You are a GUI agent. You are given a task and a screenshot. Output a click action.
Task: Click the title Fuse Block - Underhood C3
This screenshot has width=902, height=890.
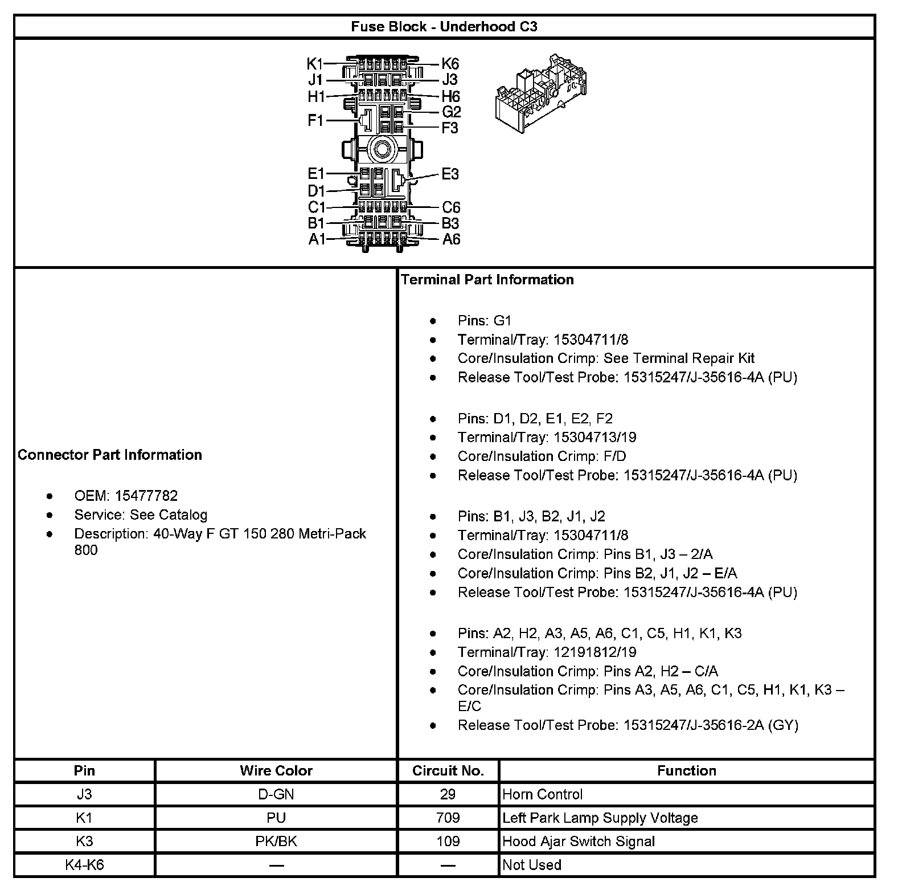click(x=444, y=27)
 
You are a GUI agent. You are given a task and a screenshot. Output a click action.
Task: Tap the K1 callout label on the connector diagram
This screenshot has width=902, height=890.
click(x=315, y=63)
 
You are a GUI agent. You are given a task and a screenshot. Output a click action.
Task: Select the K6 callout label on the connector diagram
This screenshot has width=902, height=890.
click(x=450, y=64)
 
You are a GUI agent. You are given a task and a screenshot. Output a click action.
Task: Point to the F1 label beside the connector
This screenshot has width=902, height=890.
click(x=315, y=120)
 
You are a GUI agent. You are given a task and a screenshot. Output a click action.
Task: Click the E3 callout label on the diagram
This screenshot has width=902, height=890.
click(x=450, y=174)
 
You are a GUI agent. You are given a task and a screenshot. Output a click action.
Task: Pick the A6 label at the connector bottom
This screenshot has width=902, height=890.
click(x=451, y=239)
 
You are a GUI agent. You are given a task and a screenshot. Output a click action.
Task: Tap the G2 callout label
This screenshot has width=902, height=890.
click(x=451, y=112)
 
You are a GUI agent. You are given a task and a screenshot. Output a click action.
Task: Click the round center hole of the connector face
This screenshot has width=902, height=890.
click(x=382, y=150)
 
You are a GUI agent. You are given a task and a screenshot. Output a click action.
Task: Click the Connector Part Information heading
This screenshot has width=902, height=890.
click(x=110, y=455)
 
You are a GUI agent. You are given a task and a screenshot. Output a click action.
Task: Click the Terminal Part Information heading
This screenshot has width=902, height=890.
click(x=487, y=279)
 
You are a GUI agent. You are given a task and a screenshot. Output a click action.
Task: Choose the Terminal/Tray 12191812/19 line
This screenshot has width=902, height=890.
click(x=547, y=652)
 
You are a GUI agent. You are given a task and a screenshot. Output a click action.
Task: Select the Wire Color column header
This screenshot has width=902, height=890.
click(x=276, y=770)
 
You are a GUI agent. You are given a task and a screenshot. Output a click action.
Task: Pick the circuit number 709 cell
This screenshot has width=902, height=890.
click(x=448, y=818)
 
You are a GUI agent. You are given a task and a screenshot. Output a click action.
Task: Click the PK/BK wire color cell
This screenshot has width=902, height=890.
click(x=276, y=841)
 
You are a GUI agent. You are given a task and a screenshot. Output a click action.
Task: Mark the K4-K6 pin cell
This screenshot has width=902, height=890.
click(x=84, y=864)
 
